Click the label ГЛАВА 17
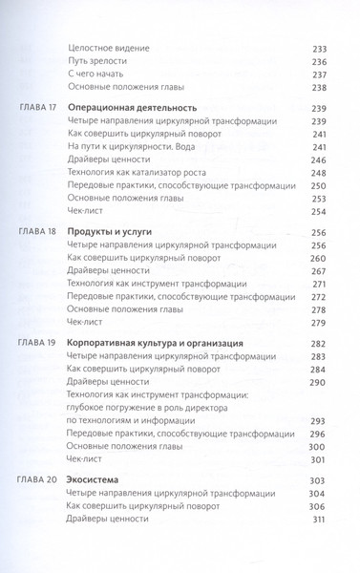(36, 108)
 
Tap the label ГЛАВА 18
(36, 232)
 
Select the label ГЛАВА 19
(36, 342)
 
